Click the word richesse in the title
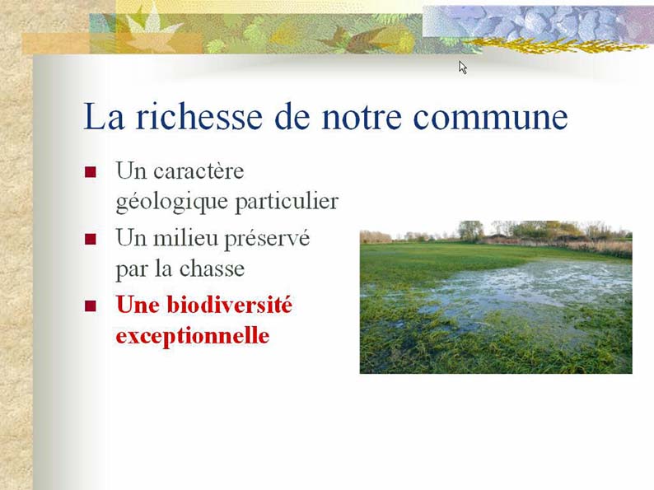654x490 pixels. (x=199, y=116)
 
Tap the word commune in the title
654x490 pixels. (x=490, y=118)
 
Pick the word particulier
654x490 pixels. (x=287, y=203)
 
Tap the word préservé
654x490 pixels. (x=267, y=239)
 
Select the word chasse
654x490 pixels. (x=212, y=268)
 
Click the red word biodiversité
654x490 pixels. (x=230, y=305)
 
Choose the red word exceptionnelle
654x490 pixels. (x=192, y=336)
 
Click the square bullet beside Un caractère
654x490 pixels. (x=91, y=172)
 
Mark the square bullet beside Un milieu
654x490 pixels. (x=91, y=239)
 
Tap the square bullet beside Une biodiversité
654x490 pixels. (x=91, y=306)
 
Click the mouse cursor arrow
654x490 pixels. (x=462, y=68)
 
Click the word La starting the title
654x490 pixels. (x=104, y=116)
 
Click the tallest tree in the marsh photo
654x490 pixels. (x=470, y=231)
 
